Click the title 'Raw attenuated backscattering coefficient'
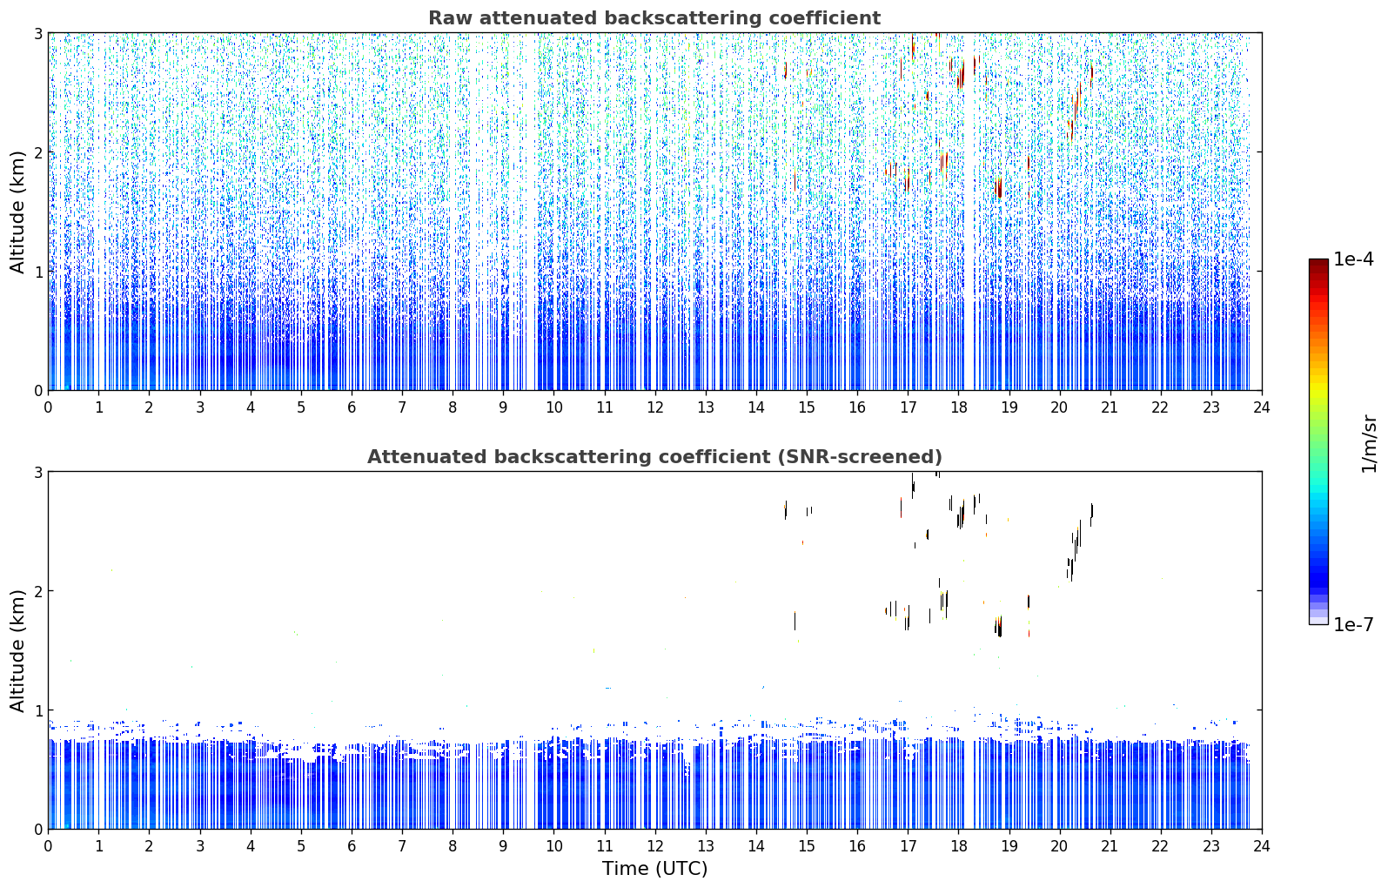tap(654, 18)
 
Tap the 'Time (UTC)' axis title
tap(654, 869)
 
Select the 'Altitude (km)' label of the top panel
tap(17, 212)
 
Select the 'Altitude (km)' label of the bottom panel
tap(17, 651)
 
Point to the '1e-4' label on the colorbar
tap(1353, 259)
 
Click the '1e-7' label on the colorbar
tap(1353, 624)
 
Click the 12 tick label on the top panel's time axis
tap(655, 408)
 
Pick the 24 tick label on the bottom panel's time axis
tap(1262, 847)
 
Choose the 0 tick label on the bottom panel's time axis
tap(49, 847)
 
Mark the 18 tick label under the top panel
tap(959, 408)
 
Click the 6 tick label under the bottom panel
tap(352, 847)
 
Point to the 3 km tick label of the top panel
tap(37, 33)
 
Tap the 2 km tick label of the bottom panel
tap(37, 591)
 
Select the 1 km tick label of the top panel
tap(37, 272)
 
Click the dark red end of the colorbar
tap(1318, 263)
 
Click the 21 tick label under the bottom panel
tap(1110, 847)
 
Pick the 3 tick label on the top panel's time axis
tap(200, 408)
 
